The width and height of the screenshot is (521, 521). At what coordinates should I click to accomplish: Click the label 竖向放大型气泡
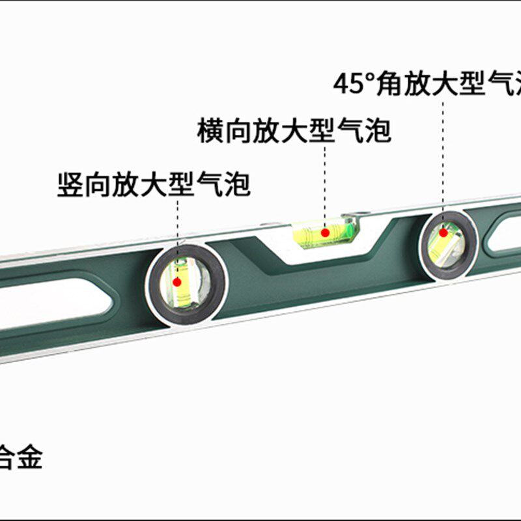(154, 184)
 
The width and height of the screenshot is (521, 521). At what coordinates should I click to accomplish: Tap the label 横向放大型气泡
(294, 130)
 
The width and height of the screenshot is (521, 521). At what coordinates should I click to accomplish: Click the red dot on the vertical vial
(176, 282)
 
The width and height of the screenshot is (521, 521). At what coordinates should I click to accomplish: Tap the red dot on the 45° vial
(444, 232)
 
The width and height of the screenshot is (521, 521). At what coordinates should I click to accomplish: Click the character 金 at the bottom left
(29, 458)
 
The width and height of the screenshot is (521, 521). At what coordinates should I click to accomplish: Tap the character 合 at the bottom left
(6, 458)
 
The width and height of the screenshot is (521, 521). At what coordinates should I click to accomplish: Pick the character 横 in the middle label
(210, 130)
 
